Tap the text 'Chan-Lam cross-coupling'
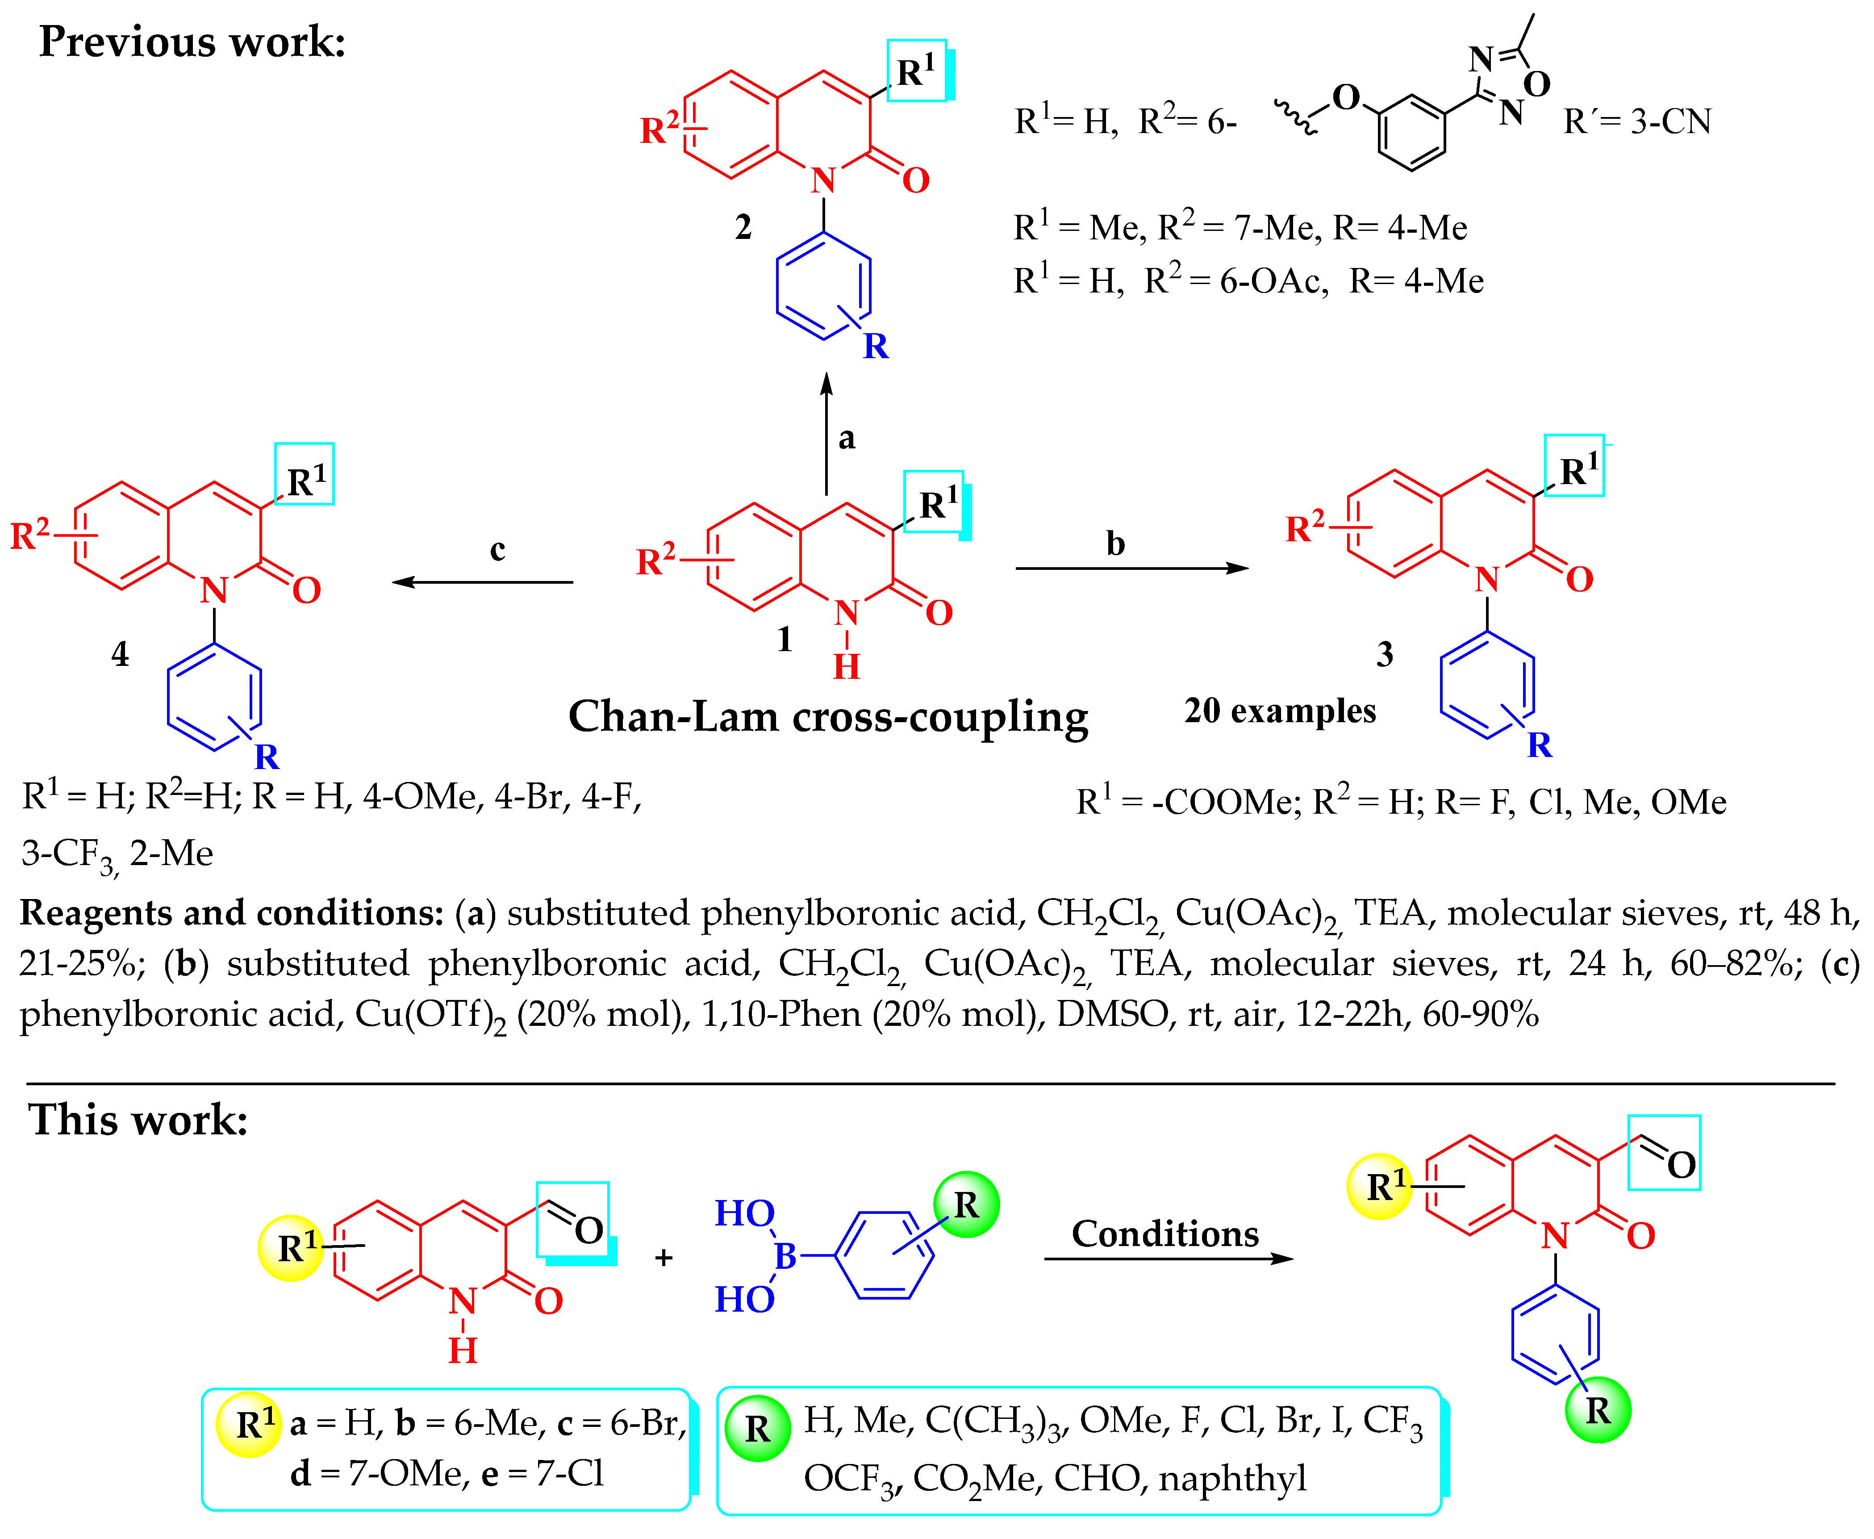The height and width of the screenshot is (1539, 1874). pyautogui.click(x=828, y=716)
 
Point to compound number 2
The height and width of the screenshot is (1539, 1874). pyautogui.click(x=743, y=227)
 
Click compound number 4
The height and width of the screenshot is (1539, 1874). pyautogui.click(x=120, y=654)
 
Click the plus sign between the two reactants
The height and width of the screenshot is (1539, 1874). pyautogui.click(x=663, y=1257)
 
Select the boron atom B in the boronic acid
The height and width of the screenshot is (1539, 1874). pyautogui.click(x=785, y=1256)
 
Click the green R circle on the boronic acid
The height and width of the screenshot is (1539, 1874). pyautogui.click(x=966, y=1204)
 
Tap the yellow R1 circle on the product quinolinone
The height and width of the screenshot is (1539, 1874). pyautogui.click(x=1379, y=1186)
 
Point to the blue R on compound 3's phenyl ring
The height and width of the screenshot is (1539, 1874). pyautogui.click(x=1540, y=744)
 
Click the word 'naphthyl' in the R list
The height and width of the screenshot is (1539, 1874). pyautogui.click(x=1232, y=1478)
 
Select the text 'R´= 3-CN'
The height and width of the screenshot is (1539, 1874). pyautogui.click(x=1636, y=121)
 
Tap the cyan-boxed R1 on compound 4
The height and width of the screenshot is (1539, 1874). pyautogui.click(x=305, y=481)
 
